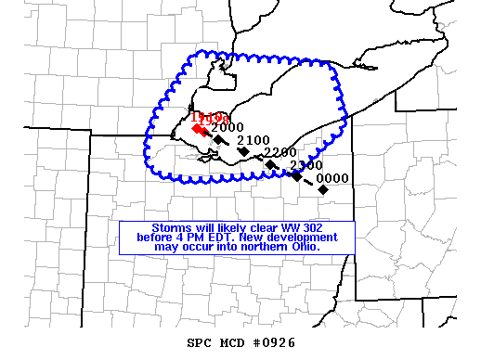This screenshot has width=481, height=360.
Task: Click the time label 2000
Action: pyautogui.click(x=227, y=127)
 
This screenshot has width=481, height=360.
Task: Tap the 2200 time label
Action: pyautogui.click(x=279, y=152)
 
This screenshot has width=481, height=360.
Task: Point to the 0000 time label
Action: pyautogui.click(x=332, y=178)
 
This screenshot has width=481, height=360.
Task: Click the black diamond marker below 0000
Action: pyautogui.click(x=323, y=189)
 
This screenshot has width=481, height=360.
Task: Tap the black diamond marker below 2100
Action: pyautogui.click(x=243, y=150)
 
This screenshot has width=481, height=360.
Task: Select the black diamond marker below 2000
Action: pyautogui.click(x=218, y=139)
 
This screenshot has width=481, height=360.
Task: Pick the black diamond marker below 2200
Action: pyautogui.click(x=270, y=164)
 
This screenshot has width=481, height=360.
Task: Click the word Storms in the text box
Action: pyautogui.click(x=170, y=227)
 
